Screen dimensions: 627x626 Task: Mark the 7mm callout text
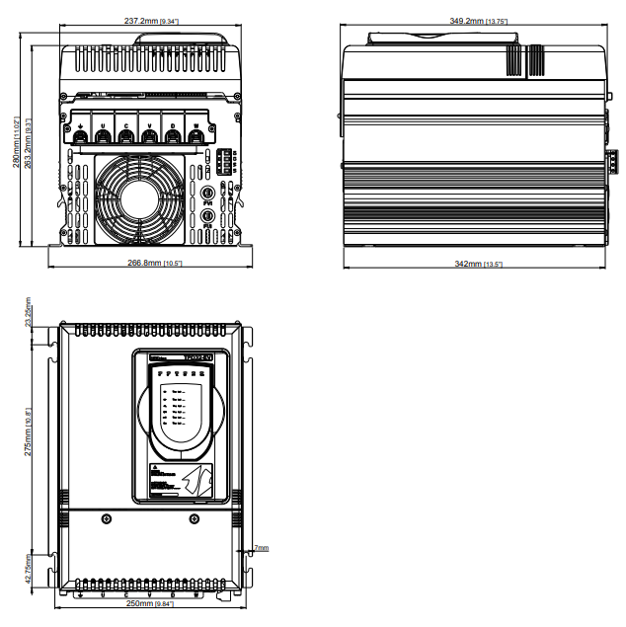point(261,547)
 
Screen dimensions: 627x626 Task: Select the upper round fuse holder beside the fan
point(208,192)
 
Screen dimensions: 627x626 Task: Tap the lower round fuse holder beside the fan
point(208,214)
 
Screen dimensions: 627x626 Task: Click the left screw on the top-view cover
point(105,517)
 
